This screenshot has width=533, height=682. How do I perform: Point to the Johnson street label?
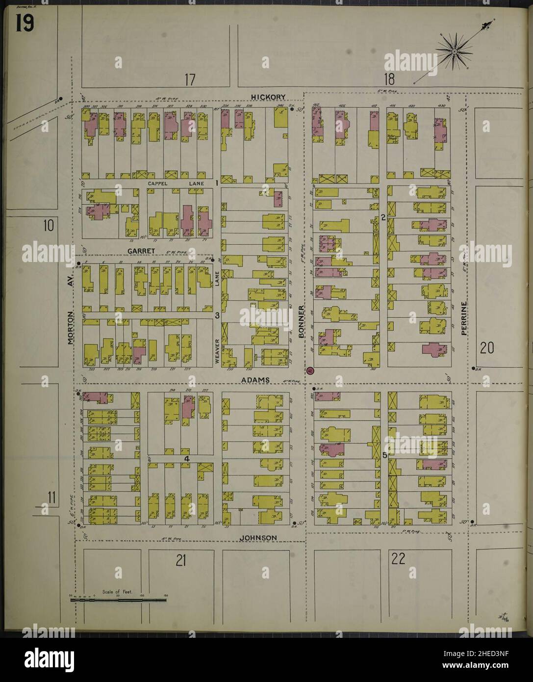coord(258,538)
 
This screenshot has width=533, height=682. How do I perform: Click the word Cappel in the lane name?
coord(158,183)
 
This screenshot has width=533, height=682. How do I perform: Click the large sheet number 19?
coord(24,24)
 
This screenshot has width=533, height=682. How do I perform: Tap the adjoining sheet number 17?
coord(190,79)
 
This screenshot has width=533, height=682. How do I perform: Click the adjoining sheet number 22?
coord(397,558)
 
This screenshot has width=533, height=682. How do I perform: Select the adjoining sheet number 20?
coord(487,348)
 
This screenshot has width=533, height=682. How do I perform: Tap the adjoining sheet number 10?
coord(48,226)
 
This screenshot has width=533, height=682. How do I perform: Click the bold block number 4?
coord(187,458)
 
